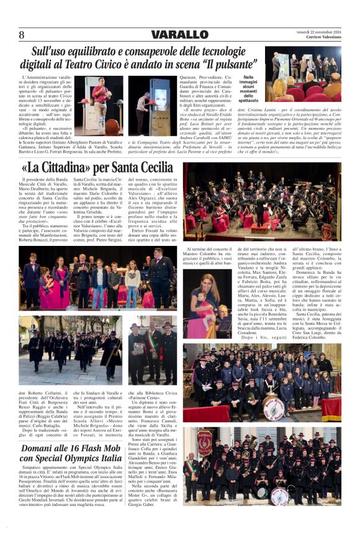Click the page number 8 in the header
tap(22, 34)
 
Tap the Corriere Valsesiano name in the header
tap(323, 37)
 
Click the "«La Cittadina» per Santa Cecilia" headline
tap(97, 167)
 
